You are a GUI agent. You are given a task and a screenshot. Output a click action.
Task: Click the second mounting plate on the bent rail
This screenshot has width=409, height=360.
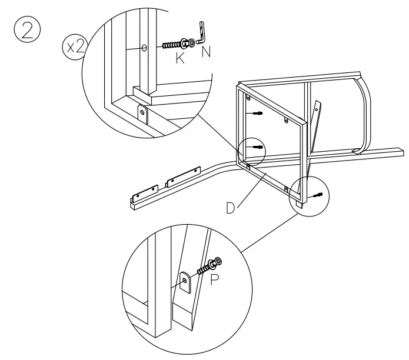(181, 179)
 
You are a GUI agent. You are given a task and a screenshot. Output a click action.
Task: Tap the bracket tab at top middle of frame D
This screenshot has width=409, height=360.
(287, 121)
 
